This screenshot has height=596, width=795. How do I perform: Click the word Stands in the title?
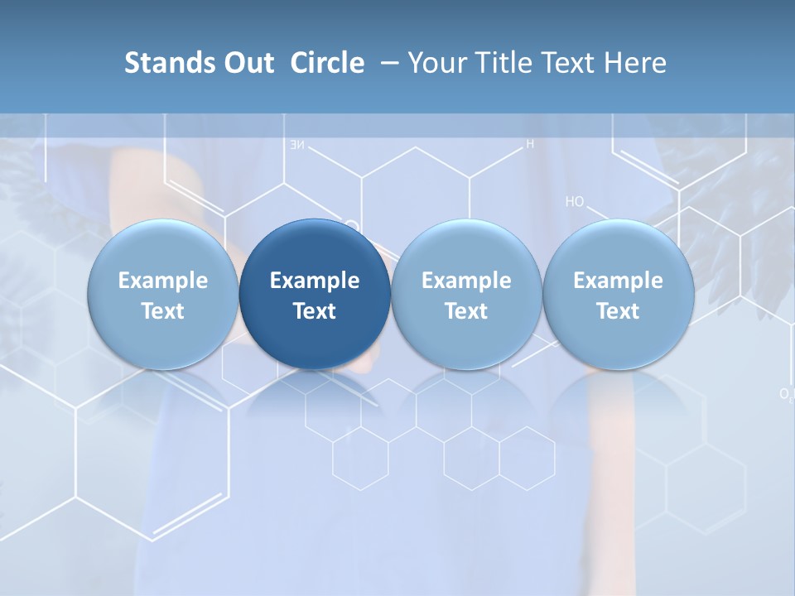(x=160, y=63)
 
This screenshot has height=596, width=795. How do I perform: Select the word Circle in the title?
(x=327, y=63)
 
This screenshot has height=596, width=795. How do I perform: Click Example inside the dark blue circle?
(x=315, y=281)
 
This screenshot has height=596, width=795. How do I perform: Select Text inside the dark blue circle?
(x=315, y=311)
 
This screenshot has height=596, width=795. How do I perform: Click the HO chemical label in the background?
(x=575, y=201)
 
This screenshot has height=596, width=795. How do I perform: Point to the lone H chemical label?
(x=530, y=144)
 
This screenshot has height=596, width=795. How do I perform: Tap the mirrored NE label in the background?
(x=296, y=145)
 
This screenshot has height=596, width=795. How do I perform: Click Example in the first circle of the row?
(x=163, y=281)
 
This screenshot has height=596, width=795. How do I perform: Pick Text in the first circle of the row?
(x=163, y=311)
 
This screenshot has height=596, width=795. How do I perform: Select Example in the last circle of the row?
(x=618, y=281)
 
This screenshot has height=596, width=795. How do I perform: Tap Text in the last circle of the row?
(x=618, y=311)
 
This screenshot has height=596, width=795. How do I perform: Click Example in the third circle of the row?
(x=466, y=281)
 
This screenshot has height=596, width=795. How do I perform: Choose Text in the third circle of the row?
(x=466, y=311)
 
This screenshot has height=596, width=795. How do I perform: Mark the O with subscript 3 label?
(x=786, y=394)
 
